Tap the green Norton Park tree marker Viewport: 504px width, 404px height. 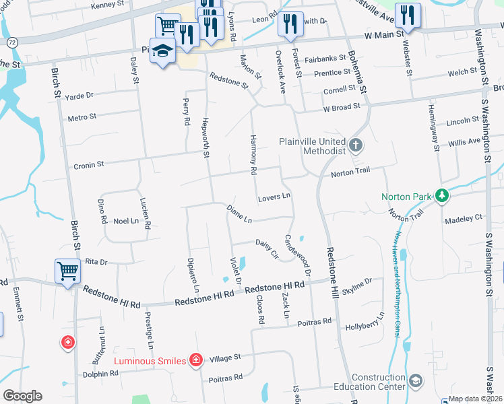click(x=442, y=196)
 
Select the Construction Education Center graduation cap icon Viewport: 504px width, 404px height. click(x=416, y=381)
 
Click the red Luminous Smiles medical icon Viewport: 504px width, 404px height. click(x=195, y=360)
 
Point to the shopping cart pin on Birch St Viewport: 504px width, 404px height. click(x=68, y=272)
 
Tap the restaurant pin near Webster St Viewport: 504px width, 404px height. click(x=407, y=15)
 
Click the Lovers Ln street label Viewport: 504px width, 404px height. click(x=274, y=197)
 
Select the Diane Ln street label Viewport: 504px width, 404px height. click(x=239, y=214)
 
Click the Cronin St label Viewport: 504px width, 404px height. click(x=89, y=164)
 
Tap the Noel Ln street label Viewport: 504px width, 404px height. click(x=125, y=221)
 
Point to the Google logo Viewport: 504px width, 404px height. click(x=22, y=396)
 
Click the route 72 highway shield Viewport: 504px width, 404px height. click(x=12, y=42)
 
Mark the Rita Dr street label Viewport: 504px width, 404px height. click(x=96, y=261)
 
